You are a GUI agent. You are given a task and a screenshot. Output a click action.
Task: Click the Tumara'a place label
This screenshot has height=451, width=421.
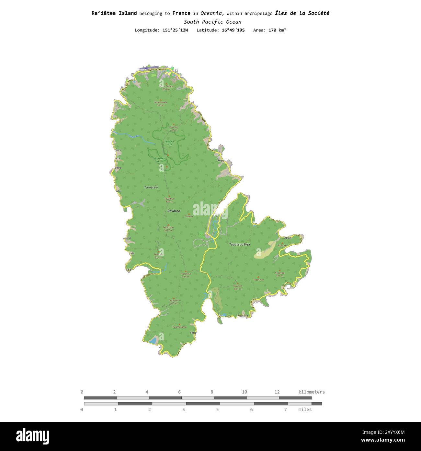click(x=151, y=187)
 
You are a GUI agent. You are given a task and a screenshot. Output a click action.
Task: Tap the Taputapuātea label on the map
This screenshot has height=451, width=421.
click(x=239, y=244)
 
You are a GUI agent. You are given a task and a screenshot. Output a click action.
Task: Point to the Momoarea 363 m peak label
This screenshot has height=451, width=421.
click(x=161, y=104)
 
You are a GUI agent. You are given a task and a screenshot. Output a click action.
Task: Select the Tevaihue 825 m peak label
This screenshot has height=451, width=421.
click(x=169, y=200)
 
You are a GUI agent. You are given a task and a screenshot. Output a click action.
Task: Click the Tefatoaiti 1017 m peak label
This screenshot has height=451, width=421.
click(x=168, y=229)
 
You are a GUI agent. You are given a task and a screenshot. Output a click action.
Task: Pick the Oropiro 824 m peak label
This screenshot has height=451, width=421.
click(x=238, y=287)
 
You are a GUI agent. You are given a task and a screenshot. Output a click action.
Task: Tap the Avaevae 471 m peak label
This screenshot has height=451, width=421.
click(x=279, y=274)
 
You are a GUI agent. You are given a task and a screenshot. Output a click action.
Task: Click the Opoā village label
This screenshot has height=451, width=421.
click(x=287, y=238)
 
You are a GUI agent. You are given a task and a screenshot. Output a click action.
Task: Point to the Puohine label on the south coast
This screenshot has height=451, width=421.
click(x=243, y=315)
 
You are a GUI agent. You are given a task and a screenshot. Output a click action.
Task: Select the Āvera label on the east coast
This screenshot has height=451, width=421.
click(x=221, y=160)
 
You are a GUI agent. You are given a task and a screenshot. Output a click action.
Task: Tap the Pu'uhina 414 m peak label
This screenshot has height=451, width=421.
click(x=186, y=275)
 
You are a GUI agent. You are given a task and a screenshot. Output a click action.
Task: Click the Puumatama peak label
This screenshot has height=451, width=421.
click(x=179, y=327)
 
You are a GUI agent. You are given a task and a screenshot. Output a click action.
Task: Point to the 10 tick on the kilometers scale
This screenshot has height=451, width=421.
click(x=245, y=392)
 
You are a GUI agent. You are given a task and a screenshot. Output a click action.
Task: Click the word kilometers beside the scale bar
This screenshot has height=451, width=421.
click(x=311, y=392)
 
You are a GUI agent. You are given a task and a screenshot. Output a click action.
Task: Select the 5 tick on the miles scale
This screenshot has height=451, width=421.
click(x=217, y=409)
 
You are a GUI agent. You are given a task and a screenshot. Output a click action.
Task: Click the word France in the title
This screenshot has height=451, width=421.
click(x=181, y=13)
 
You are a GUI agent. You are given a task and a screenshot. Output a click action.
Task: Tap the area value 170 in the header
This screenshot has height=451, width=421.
click(x=272, y=30)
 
